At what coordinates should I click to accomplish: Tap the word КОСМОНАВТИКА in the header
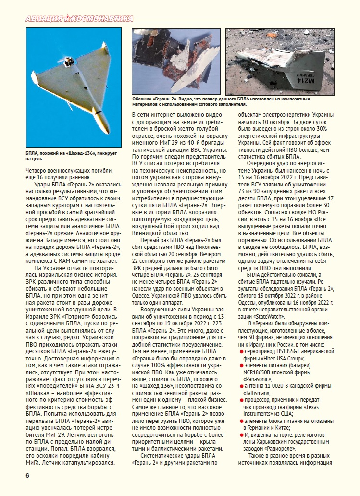102,19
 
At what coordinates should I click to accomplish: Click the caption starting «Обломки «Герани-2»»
221,101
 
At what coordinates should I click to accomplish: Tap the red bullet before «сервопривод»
241,352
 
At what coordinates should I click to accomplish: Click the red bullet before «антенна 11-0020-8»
241,386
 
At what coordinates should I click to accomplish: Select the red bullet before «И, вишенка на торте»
241,434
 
